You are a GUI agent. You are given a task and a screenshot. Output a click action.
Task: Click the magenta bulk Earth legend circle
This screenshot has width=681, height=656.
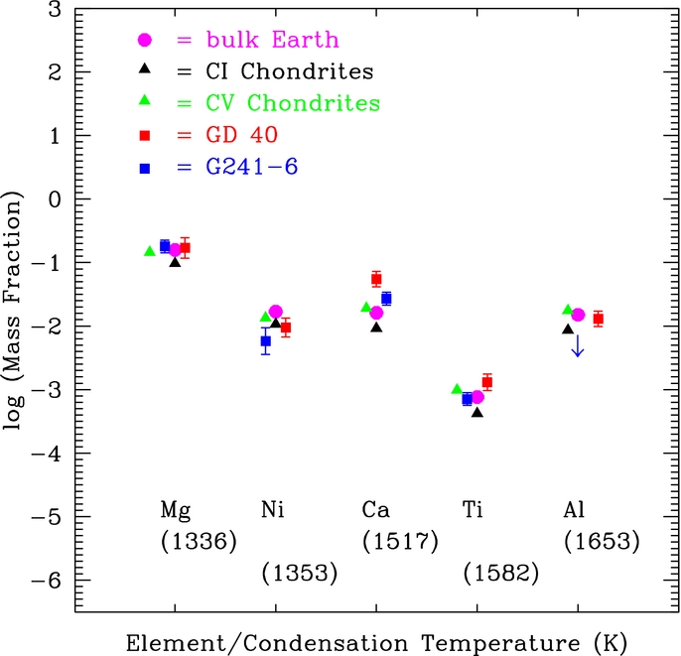coord(144,40)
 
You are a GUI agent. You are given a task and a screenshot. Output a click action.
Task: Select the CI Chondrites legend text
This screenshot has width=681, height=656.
coord(275,71)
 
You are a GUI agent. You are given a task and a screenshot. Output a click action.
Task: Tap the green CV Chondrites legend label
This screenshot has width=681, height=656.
coord(278,103)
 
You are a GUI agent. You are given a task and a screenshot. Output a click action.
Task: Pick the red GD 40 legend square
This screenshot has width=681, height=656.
coord(144,135)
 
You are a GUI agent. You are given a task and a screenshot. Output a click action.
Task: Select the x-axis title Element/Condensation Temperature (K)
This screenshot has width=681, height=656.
coord(376,640)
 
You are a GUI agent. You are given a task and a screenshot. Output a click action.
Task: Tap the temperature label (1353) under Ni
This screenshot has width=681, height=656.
coord(300,573)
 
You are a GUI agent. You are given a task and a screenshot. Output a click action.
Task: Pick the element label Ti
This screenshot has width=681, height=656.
coord(475,509)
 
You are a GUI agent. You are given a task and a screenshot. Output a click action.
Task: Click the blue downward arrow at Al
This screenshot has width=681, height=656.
coord(578,345)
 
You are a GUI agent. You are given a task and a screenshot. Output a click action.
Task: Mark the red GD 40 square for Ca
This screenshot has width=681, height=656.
coord(376,279)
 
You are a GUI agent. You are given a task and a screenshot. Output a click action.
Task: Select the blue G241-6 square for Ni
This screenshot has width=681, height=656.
coord(265,341)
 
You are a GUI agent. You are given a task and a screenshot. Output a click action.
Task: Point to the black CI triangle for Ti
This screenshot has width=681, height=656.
coord(477,411)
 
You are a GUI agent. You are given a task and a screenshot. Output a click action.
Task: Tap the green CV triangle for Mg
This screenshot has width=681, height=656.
coord(150,251)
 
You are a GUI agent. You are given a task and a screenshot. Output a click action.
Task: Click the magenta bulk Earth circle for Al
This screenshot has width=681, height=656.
coord(578,315)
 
